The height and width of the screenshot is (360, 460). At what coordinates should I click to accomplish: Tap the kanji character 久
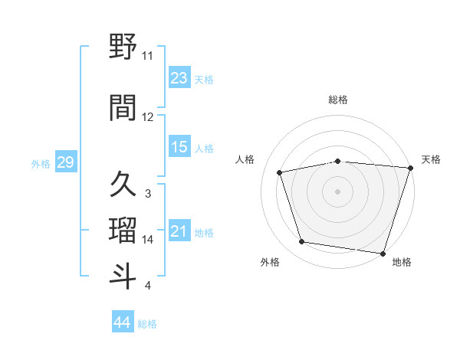click(x=123, y=184)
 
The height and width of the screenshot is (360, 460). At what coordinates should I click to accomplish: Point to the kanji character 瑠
click(x=123, y=229)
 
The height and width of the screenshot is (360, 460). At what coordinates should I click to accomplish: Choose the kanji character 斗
click(x=123, y=276)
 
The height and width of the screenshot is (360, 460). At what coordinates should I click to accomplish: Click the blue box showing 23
click(x=179, y=78)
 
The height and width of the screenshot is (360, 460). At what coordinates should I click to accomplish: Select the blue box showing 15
click(x=179, y=148)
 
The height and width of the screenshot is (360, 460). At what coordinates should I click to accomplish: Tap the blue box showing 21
click(x=179, y=231)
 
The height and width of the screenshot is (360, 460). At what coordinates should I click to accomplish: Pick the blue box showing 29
click(x=65, y=162)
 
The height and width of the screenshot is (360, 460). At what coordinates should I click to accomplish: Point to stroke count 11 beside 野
click(x=147, y=56)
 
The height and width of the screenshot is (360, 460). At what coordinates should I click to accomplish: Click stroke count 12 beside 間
click(x=147, y=117)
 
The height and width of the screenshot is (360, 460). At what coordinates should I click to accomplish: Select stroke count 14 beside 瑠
click(x=147, y=240)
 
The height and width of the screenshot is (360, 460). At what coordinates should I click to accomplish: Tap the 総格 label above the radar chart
click(x=338, y=100)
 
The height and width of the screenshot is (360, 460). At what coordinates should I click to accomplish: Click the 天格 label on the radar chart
click(x=431, y=159)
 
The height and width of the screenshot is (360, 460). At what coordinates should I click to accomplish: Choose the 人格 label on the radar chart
click(x=245, y=159)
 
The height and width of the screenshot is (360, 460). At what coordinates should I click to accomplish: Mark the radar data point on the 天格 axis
click(x=409, y=168)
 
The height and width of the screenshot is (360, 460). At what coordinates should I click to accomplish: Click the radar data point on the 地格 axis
click(x=382, y=252)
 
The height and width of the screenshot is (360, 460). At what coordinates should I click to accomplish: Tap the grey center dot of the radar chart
click(x=337, y=191)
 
